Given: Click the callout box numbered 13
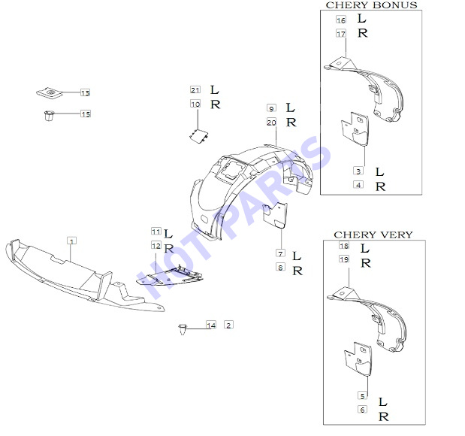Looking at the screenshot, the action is click(x=86, y=92).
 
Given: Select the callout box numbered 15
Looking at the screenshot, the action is click(x=86, y=114).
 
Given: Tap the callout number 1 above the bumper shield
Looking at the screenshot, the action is click(x=71, y=241).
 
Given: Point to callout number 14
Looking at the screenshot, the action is click(x=211, y=325).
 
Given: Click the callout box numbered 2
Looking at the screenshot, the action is click(x=228, y=325).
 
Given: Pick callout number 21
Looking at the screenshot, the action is click(x=195, y=90).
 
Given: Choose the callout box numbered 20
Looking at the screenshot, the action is click(x=271, y=122).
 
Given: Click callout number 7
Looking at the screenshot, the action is click(x=280, y=253).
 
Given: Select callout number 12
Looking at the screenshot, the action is click(x=156, y=246).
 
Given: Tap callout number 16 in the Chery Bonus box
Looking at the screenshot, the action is click(x=341, y=20).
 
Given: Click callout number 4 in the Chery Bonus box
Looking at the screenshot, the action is click(x=358, y=185).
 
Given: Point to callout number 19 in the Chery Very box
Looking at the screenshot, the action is click(x=344, y=259).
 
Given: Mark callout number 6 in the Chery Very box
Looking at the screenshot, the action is click(x=362, y=410).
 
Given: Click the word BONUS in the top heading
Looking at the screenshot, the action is click(x=394, y=5).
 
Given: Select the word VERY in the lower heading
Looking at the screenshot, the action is click(x=397, y=235).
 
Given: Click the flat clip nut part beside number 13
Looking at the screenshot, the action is click(x=50, y=93).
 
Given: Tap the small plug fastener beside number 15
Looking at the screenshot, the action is click(x=49, y=116).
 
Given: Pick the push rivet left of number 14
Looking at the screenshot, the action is click(x=183, y=329).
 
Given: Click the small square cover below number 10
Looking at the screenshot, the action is click(x=198, y=136).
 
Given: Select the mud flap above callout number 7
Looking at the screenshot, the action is click(x=276, y=216).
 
